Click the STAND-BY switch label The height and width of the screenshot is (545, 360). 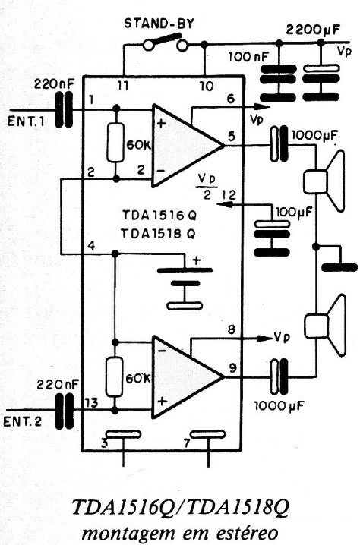[x=159, y=24]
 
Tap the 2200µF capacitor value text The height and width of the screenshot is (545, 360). [x=313, y=30]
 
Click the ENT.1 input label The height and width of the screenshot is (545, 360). [x=26, y=121]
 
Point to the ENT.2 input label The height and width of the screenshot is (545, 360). [x=23, y=421]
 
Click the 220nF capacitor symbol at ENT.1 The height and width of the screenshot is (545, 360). [x=65, y=109]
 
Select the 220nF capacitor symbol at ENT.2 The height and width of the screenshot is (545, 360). [x=65, y=411]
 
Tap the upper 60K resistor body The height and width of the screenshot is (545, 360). [x=115, y=143]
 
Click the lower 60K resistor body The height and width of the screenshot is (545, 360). [x=115, y=376]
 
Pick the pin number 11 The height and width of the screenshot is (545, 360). [x=122, y=85]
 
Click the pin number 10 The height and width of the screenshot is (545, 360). [x=207, y=86]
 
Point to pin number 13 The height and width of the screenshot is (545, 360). [x=91, y=403]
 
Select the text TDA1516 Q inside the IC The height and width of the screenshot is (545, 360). [x=159, y=216]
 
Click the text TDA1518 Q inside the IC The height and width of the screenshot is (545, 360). [x=159, y=234]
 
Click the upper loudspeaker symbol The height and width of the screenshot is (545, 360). [x=324, y=181]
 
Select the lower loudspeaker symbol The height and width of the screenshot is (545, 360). [x=325, y=326]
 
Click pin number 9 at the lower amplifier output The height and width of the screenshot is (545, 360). [x=232, y=367]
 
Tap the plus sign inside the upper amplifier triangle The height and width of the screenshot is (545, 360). [x=161, y=124]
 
